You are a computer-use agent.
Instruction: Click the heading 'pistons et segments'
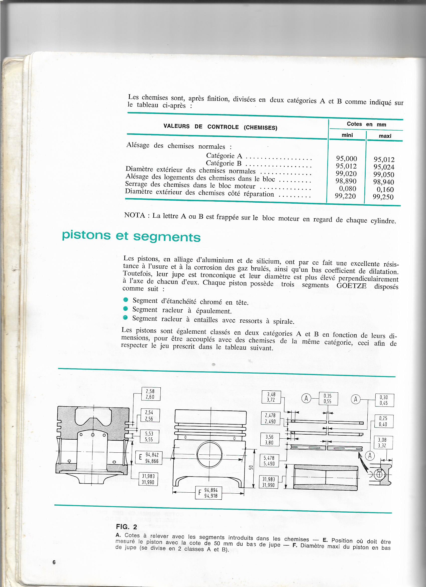(x=131, y=236)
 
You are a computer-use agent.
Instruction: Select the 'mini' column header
(x=347, y=135)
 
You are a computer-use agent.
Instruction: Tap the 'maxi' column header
(x=385, y=136)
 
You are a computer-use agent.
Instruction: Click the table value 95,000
(x=346, y=158)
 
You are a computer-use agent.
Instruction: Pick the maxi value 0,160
(x=385, y=190)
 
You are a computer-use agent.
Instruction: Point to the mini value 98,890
(x=346, y=181)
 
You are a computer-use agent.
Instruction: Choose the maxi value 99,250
(x=383, y=197)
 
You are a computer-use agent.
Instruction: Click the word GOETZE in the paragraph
(x=351, y=286)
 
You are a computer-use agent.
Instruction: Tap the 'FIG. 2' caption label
(x=127, y=527)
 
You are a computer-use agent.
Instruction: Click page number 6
(x=54, y=562)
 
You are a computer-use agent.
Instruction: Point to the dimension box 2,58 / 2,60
(x=151, y=394)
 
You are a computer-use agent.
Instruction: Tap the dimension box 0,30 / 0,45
(x=384, y=400)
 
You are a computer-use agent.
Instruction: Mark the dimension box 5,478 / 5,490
(x=269, y=461)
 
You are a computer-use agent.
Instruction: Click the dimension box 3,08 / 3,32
(x=383, y=443)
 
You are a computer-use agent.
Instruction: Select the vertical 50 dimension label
(x=250, y=467)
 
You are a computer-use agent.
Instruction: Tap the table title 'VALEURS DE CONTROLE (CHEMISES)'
(x=220, y=127)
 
